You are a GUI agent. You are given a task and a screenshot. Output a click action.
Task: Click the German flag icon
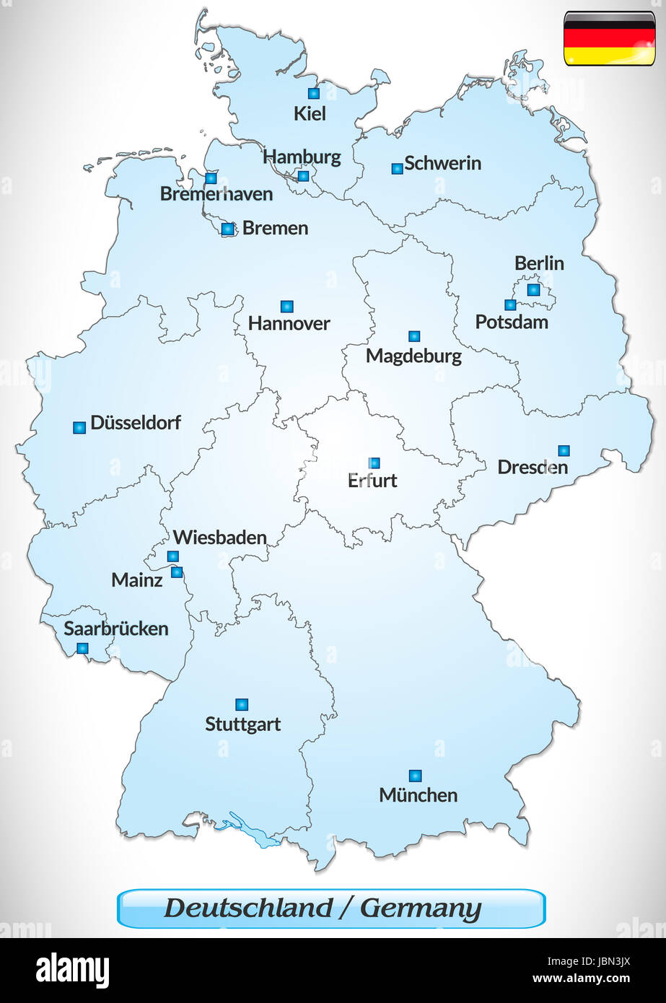609,38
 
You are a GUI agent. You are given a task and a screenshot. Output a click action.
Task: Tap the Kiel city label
310,113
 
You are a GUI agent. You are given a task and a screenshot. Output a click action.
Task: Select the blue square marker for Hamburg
303,176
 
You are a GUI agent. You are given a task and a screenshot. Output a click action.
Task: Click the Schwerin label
442,163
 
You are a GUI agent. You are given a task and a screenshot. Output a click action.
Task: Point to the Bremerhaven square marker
211,178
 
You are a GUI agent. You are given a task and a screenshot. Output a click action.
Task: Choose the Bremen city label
275,228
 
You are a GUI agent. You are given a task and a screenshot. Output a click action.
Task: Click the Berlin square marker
533,289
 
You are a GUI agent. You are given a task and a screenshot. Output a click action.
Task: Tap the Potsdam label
512,322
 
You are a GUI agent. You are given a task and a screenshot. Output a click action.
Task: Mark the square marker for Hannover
287,307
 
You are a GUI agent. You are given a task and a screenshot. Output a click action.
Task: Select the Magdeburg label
413,356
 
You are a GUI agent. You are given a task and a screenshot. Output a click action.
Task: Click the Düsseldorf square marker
79,428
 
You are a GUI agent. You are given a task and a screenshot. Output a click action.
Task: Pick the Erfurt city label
372,481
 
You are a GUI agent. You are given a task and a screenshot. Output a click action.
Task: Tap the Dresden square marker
564,451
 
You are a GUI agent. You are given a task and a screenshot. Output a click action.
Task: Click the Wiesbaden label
220,538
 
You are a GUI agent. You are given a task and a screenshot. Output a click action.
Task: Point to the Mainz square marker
177,572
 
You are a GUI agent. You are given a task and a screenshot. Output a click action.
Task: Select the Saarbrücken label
116,628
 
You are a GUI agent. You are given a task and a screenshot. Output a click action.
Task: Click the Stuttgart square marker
242,704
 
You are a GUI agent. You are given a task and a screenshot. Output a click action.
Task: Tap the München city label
419,795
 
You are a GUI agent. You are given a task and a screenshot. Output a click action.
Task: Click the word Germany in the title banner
421,908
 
